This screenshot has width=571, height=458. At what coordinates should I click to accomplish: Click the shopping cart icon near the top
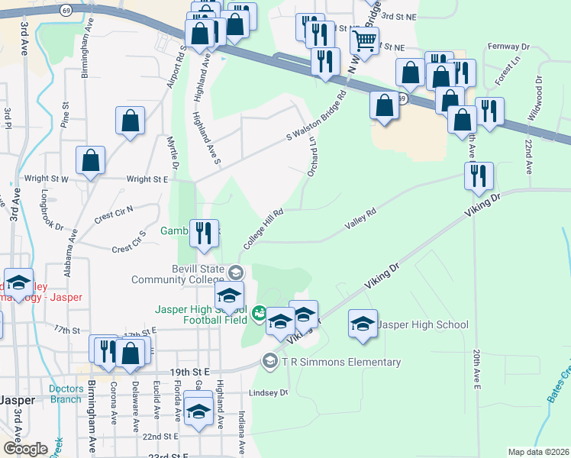(x=365, y=42)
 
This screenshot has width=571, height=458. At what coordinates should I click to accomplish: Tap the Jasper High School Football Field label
(x=201, y=314)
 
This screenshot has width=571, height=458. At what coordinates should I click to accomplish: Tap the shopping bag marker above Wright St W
(x=91, y=161)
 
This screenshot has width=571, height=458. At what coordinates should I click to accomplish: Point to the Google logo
(x=24, y=449)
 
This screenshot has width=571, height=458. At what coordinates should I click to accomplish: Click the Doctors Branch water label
(x=66, y=394)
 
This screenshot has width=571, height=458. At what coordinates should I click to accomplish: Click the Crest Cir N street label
(x=114, y=212)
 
